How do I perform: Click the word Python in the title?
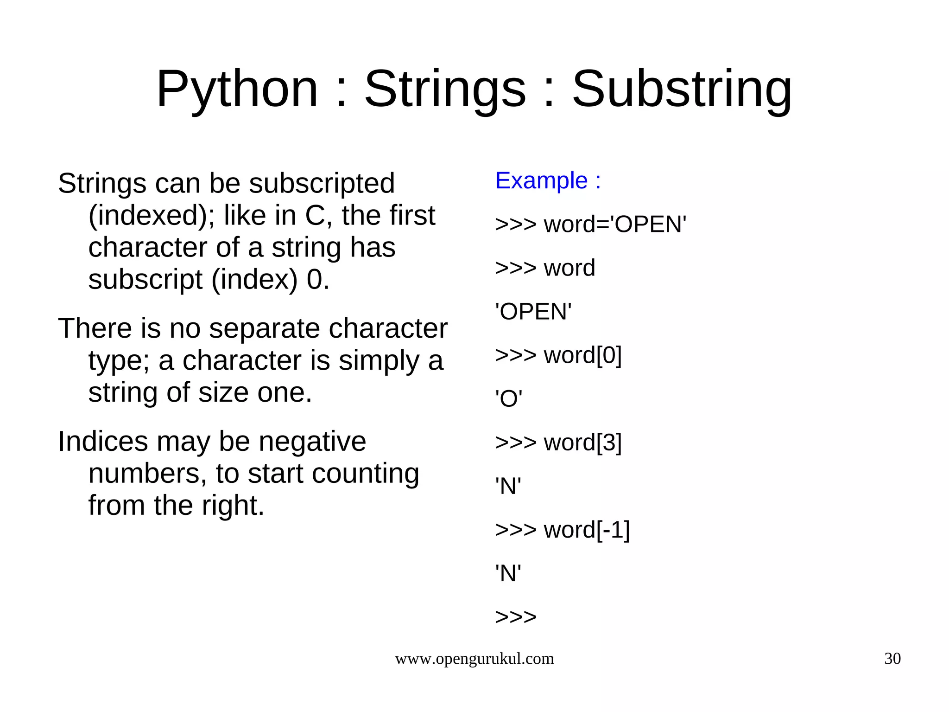237,89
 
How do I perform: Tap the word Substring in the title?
682,89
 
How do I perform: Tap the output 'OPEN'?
533,312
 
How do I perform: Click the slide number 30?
892,659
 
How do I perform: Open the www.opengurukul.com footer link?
474,659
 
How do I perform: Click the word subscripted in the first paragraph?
322,184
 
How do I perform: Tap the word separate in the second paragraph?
265,328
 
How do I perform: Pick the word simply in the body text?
379,361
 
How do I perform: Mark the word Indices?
103,441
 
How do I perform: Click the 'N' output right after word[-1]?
508,574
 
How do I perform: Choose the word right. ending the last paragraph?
233,506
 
